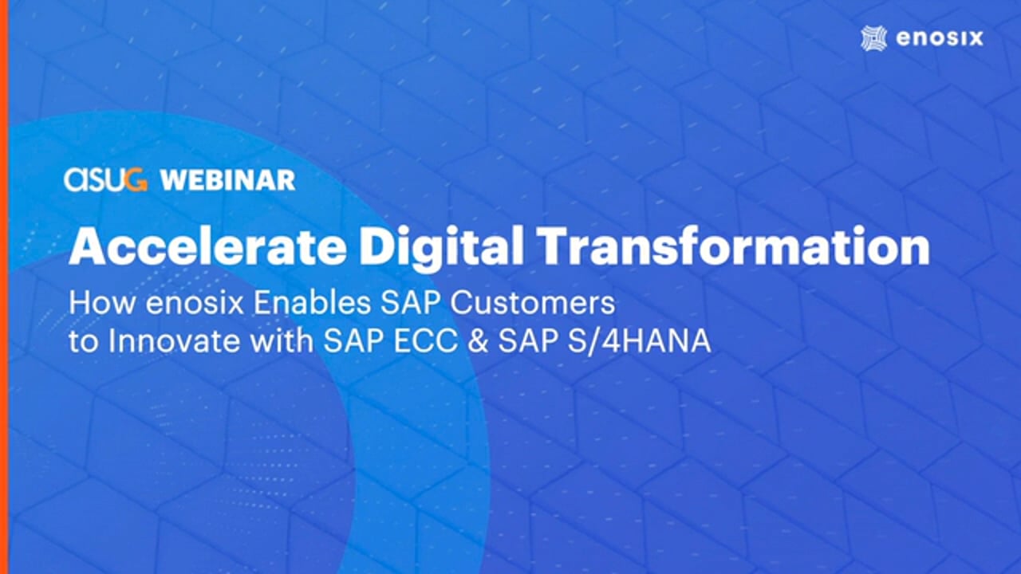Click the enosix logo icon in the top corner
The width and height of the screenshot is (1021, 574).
(x=874, y=38)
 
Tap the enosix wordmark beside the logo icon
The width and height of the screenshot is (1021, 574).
(x=940, y=37)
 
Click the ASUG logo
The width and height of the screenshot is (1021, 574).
(x=106, y=180)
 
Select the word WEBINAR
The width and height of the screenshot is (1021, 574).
(x=228, y=180)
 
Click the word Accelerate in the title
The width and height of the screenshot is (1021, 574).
(x=207, y=246)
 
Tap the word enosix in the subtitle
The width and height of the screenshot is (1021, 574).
(x=195, y=303)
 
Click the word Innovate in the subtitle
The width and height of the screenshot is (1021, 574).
(x=174, y=341)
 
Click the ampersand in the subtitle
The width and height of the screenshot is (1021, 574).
(x=477, y=341)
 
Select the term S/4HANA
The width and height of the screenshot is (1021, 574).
(x=639, y=341)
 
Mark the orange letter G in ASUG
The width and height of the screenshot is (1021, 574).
(x=137, y=180)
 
